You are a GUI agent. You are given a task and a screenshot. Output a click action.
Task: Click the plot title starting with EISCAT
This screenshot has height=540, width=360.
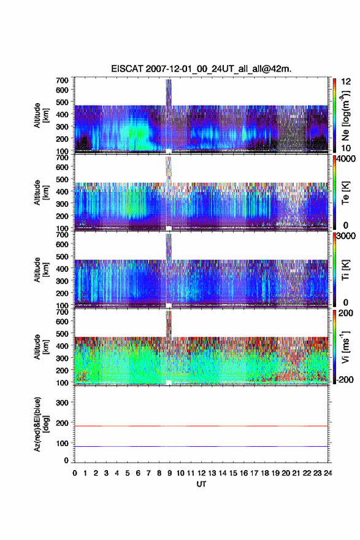201,69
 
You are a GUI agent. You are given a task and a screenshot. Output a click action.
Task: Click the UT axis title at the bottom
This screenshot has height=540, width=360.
201,484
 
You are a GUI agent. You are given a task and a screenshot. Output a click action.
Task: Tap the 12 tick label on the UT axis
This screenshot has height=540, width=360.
201,473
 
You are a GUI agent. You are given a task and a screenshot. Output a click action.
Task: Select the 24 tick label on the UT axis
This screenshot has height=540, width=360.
327,473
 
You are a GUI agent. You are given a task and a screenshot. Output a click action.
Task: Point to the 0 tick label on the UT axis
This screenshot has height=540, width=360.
75,473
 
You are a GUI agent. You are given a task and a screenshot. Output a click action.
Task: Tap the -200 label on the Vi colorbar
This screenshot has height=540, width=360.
344,379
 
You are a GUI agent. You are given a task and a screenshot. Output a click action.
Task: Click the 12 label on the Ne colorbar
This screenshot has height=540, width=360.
346,81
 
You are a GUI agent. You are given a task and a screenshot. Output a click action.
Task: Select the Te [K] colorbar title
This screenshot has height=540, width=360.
345,193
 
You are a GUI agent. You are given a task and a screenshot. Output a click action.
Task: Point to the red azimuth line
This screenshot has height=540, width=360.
201,426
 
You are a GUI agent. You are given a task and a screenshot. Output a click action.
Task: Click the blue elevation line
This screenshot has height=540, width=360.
201,446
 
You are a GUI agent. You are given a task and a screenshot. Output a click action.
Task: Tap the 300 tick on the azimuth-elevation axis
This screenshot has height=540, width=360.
63,403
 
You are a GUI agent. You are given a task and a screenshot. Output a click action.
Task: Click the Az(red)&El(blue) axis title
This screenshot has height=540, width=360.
42,424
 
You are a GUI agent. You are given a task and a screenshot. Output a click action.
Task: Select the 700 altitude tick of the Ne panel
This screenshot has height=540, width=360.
62,80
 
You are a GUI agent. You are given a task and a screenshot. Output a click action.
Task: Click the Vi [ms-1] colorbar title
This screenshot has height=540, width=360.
345,347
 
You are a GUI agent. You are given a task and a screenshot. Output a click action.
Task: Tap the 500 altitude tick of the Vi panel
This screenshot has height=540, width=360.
62,333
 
